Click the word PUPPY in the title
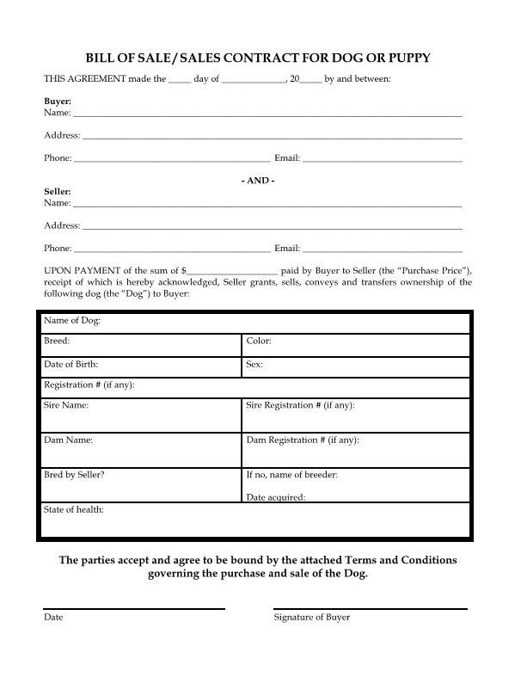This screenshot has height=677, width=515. tap(405, 58)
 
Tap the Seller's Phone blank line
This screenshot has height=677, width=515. tap(171, 249)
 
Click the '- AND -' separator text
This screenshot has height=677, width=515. tap(257, 181)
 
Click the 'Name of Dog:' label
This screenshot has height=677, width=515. tap(72, 321)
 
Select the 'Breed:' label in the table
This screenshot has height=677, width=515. tap(57, 342)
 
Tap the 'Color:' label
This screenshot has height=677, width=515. tap(259, 342)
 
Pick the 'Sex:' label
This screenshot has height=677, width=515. tap(254, 365)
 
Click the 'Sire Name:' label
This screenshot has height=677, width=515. tap(66, 404)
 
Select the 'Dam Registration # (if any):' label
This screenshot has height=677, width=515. tap(303, 440)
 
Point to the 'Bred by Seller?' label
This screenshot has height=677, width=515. tap(74, 475)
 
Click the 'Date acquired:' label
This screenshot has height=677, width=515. tap(275, 497)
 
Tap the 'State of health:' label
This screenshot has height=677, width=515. tap(74, 510)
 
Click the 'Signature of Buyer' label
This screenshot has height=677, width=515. tap(311, 618)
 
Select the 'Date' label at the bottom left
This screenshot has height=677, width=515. tap(53, 618)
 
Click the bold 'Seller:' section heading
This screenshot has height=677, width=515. tap(58, 192)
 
